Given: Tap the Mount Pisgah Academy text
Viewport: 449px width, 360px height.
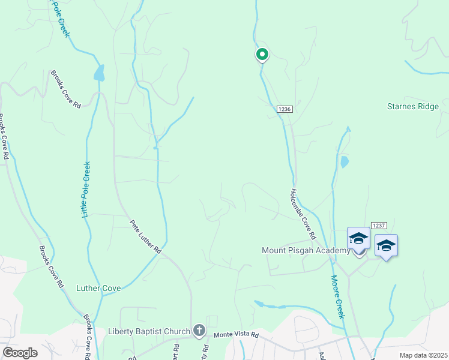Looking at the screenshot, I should click(306, 250).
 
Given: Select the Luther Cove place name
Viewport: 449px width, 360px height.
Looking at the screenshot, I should click(99, 288).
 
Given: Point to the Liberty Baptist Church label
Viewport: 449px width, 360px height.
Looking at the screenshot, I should click(149, 331).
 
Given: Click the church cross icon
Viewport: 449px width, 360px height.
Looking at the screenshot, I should click(199, 331).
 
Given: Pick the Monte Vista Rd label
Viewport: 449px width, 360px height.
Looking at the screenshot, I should click(237, 334).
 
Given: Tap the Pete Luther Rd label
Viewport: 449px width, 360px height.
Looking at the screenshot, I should click(146, 236).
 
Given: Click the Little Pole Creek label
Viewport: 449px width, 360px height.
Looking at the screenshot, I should click(86, 190).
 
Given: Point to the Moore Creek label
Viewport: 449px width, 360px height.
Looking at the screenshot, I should click(337, 296).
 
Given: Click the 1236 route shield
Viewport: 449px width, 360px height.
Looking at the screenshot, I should click(285, 109).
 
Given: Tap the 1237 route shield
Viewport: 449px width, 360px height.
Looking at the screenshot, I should click(378, 225).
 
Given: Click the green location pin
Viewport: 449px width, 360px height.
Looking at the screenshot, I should click(262, 55).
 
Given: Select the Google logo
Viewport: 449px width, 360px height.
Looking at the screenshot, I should click(20, 353).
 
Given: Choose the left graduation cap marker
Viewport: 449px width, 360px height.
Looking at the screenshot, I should click(359, 239).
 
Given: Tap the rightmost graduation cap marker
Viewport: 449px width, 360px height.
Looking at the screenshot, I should click(386, 246).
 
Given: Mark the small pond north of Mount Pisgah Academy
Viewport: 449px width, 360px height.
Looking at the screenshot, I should click(344, 161).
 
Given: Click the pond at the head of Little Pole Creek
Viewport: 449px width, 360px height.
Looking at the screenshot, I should click(98, 74).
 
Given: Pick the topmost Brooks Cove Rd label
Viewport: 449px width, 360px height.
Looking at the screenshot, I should click(65, 89).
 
